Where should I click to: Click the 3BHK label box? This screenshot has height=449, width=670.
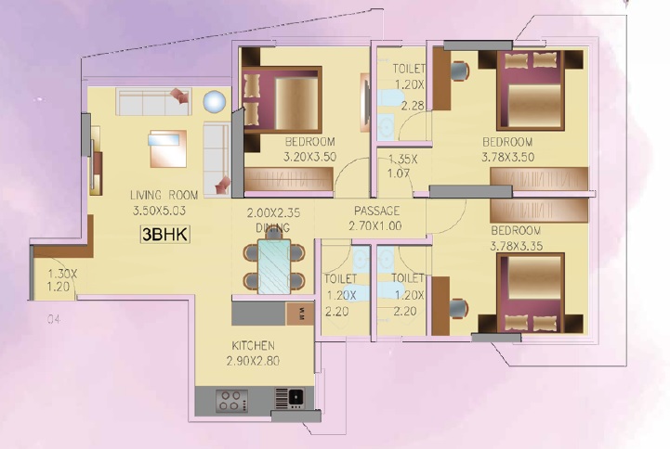(164, 235)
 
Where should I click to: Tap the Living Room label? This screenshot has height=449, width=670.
(164, 196)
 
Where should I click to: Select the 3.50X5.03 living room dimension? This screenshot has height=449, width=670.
(159, 211)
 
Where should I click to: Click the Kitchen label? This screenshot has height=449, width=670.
(253, 345)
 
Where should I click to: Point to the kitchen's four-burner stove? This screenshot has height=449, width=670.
(231, 401)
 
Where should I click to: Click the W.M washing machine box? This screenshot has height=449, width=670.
(300, 314)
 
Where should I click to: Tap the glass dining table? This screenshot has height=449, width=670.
(274, 266)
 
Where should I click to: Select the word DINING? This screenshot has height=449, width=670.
(272, 227)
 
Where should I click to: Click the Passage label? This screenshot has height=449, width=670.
(377, 211)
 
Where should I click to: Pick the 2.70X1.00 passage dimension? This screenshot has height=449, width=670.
(375, 226)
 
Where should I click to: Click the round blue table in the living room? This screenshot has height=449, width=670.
(214, 102)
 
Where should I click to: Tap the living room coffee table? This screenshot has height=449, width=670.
(168, 148)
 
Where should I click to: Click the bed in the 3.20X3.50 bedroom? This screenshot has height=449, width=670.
(282, 100)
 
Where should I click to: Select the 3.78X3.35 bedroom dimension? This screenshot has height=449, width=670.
(516, 246)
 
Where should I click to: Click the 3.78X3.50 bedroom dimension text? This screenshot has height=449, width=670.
(508, 157)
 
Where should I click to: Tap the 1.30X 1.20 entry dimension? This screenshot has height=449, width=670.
(61, 280)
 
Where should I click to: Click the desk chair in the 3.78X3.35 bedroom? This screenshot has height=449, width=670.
(458, 308)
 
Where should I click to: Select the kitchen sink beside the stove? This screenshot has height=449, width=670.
(290, 399)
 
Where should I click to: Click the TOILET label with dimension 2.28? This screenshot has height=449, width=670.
(409, 69)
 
